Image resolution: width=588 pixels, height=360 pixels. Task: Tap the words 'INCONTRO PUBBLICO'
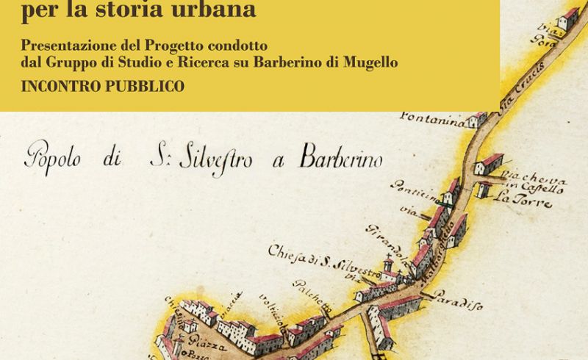[x=103, y=87]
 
